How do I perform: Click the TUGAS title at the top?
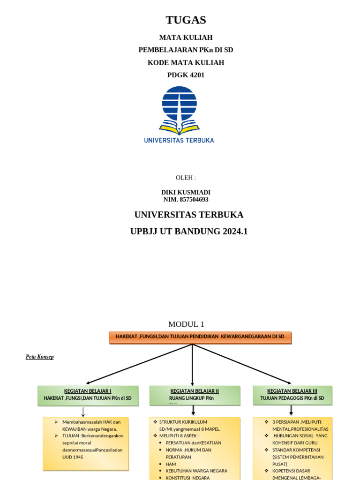click(186, 20)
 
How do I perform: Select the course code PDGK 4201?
click(186, 75)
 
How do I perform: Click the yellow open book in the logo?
click(179, 127)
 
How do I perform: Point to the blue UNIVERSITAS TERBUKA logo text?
click(179, 140)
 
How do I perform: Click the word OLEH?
click(186, 178)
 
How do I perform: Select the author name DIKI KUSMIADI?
click(186, 192)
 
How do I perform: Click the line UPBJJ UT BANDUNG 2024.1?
click(188, 232)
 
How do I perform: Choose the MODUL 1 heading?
click(186, 324)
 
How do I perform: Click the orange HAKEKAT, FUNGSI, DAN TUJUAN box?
click(200, 337)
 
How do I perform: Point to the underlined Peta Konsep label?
click(39, 357)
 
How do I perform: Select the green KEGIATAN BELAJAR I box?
click(88, 395)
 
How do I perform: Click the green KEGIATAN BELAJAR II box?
click(195, 395)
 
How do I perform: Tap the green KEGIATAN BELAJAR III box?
click(292, 395)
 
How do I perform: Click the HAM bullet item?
click(170, 464)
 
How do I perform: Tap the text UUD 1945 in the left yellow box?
click(73, 456)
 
